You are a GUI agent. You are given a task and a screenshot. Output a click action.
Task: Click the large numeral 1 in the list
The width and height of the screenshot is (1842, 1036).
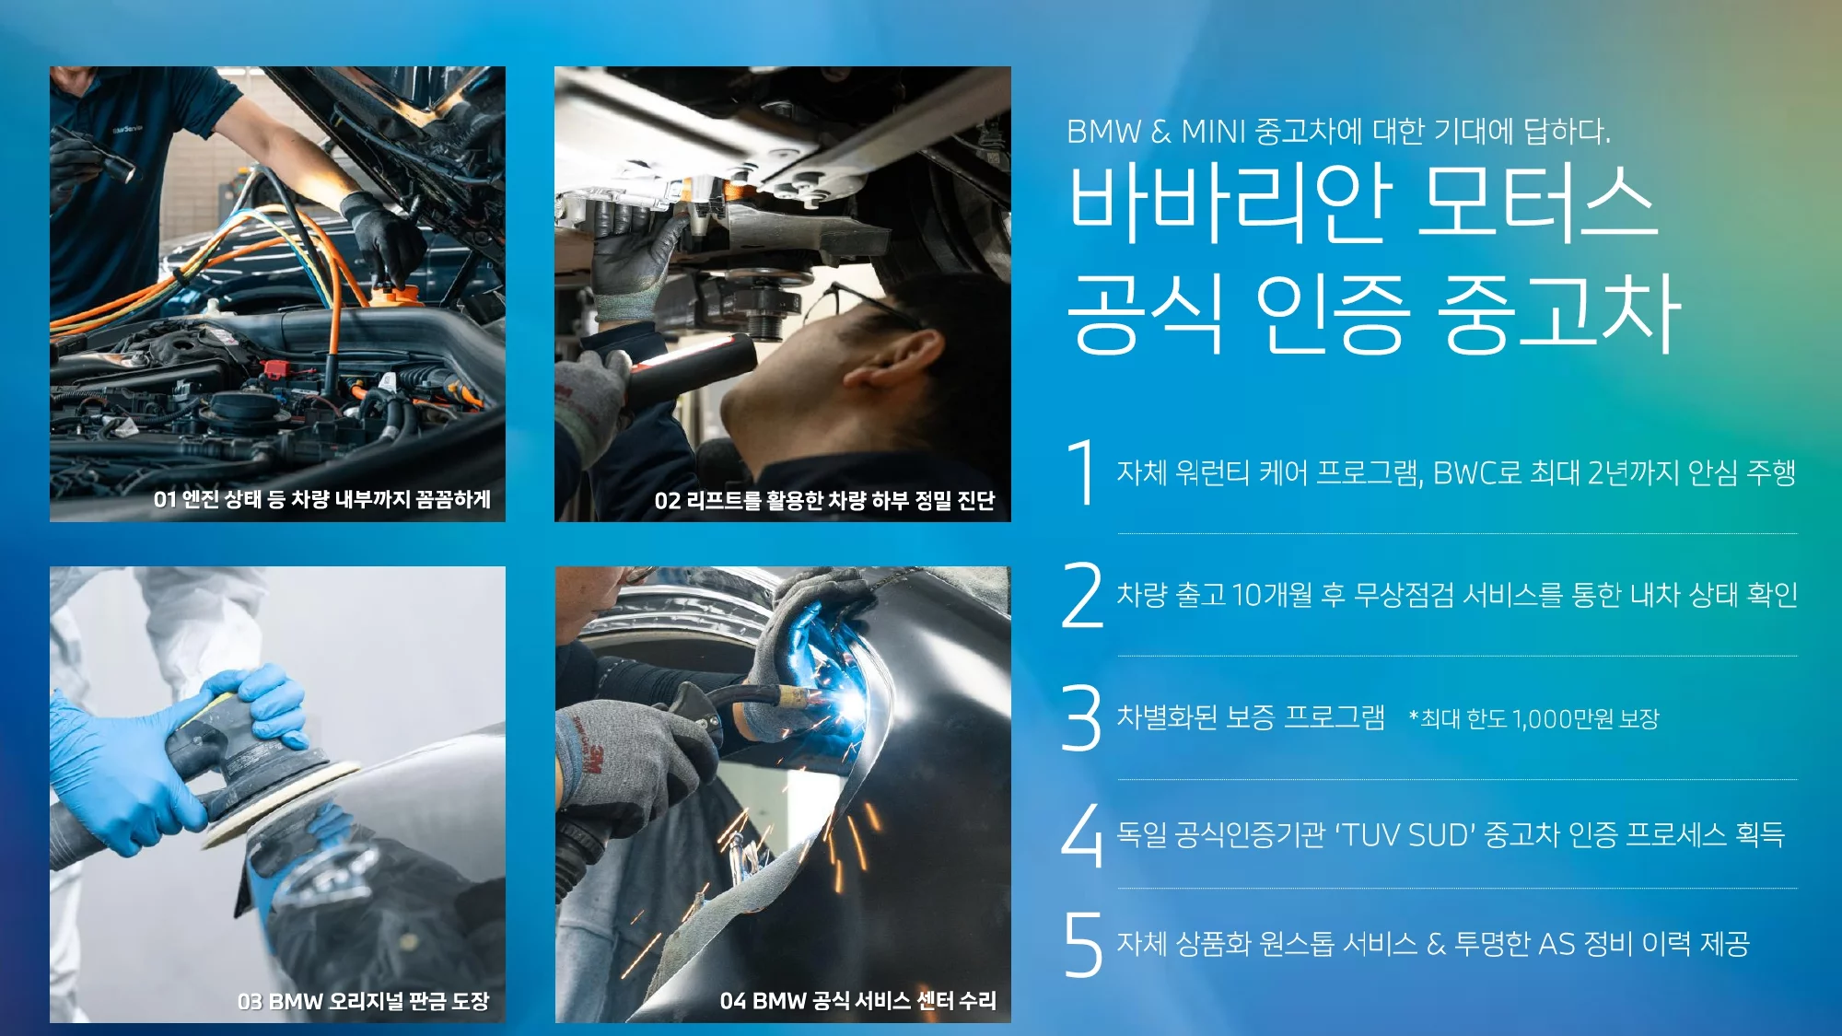[1081, 472]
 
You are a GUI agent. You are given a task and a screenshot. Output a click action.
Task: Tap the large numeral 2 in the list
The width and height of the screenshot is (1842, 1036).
[1082, 595]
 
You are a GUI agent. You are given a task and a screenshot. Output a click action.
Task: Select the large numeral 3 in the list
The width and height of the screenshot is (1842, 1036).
[1082, 717]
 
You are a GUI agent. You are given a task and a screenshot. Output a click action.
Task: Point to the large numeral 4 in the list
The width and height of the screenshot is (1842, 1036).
[1082, 835]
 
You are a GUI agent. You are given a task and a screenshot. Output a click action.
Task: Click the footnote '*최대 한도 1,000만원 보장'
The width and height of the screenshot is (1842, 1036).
[1534, 718]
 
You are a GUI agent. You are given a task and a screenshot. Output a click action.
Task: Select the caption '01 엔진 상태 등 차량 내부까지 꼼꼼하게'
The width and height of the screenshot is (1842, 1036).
[322, 499]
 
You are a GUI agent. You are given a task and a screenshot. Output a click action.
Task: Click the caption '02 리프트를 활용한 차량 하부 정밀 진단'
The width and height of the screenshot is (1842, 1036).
[824, 500]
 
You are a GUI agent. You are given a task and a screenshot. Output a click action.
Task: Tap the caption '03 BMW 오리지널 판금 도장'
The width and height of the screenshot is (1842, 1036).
[363, 1001]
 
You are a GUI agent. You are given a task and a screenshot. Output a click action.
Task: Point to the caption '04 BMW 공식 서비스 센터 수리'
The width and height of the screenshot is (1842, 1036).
[857, 1001]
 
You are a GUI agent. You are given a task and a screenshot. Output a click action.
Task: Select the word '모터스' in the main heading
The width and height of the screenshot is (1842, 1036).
[1537, 204]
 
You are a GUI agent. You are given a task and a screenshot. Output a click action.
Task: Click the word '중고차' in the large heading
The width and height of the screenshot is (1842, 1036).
[1558, 313]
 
